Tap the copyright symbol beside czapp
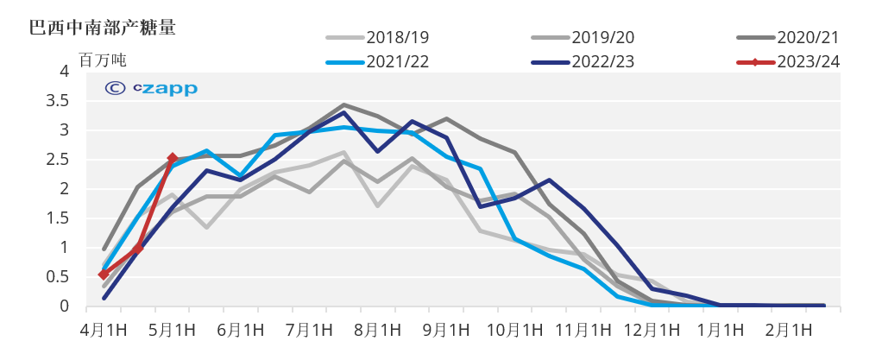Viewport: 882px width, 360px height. pos(113,88)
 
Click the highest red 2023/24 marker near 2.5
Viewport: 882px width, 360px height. pos(173,158)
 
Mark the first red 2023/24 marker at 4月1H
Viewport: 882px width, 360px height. pos(104,275)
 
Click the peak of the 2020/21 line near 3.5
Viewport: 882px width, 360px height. pos(343,104)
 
